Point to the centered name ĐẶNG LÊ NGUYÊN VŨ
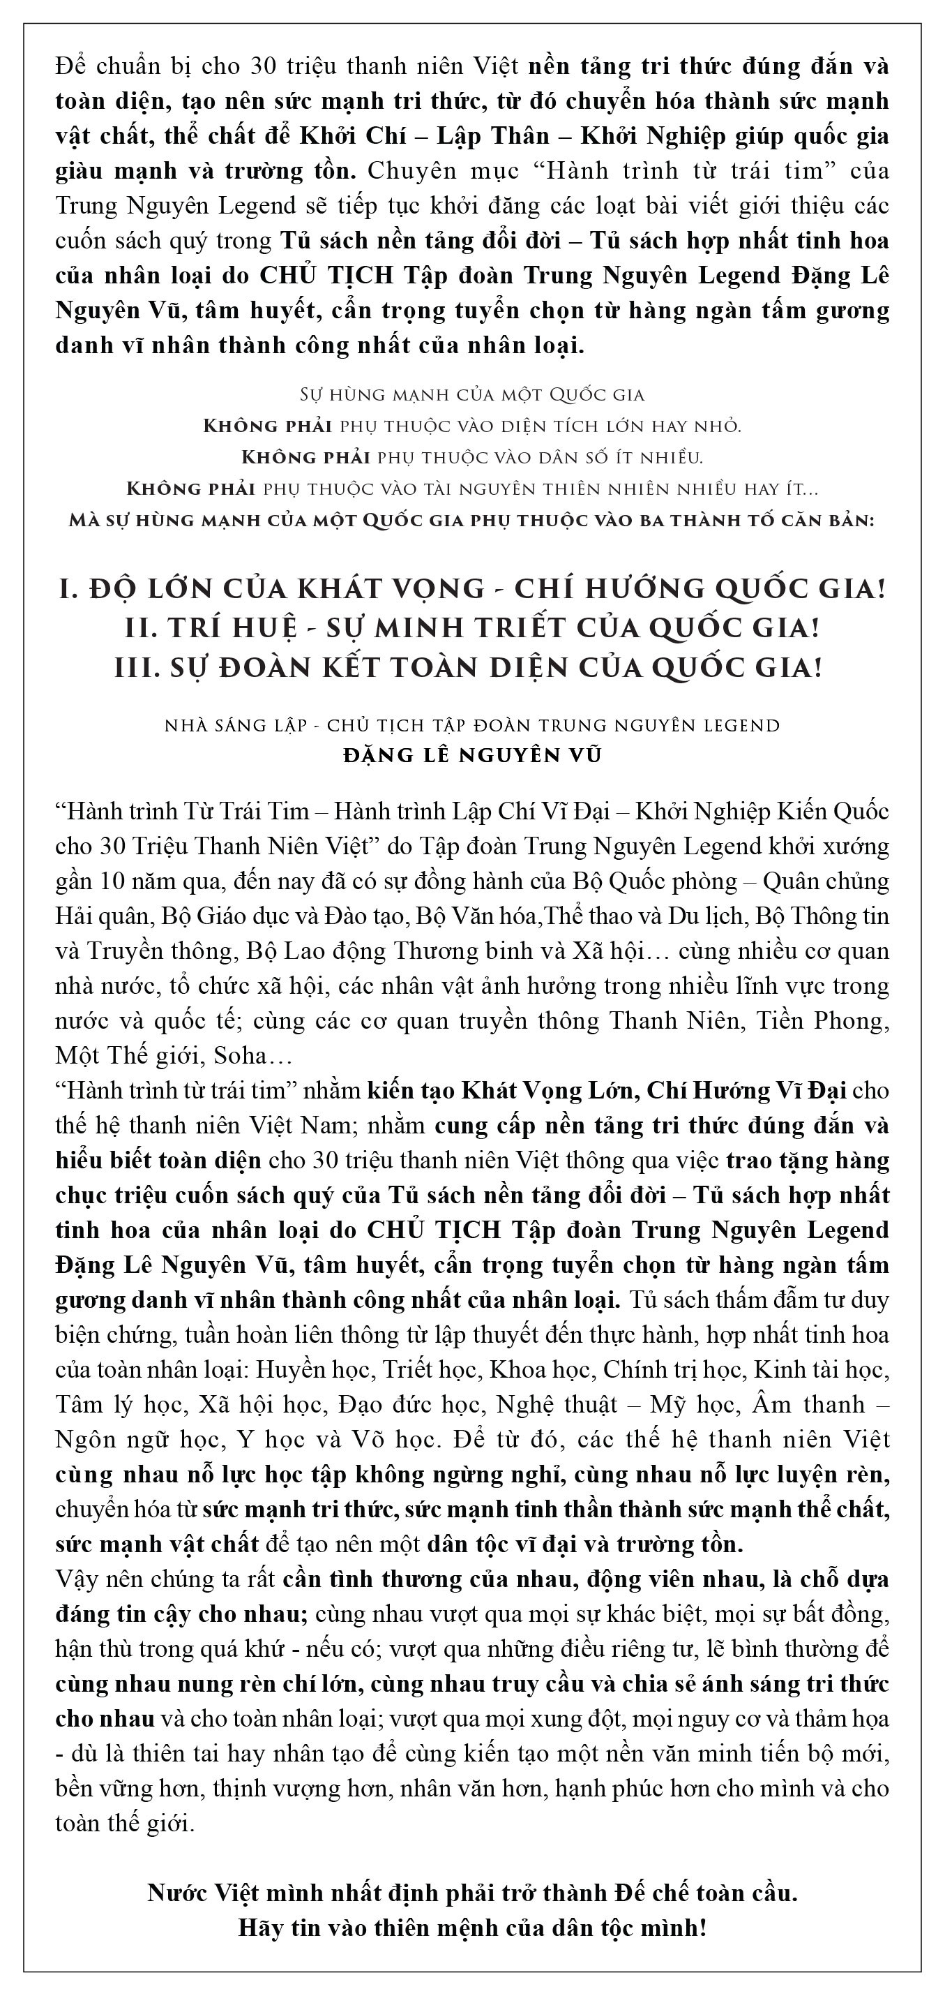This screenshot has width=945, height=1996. point(471,754)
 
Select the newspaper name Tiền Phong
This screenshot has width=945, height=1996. point(834,1020)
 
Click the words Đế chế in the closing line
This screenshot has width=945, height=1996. point(658,1893)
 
